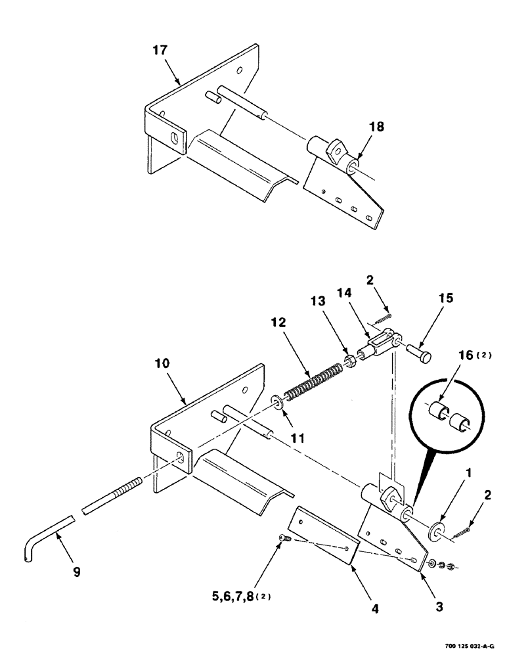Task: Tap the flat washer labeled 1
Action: tap(435, 530)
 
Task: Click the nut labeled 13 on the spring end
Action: tap(351, 361)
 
